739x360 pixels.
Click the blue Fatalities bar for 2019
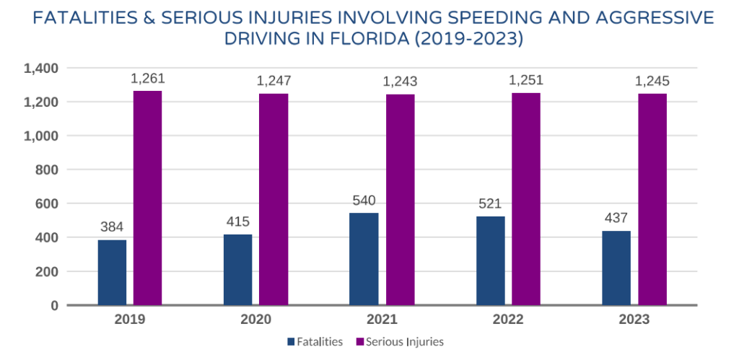tap(112, 273)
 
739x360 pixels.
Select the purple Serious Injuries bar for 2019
tap(147, 198)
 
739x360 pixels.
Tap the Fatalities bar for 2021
tap(364, 259)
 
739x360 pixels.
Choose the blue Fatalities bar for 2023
tap(616, 268)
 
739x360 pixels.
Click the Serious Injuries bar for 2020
tap(274, 199)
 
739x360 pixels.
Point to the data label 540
tap(364, 201)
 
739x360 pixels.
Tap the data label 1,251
tap(526, 81)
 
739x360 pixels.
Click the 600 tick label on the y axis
tap(47, 203)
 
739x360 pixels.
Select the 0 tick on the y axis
tap(53, 305)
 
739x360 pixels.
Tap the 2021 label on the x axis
tap(382, 320)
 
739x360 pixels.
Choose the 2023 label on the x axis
tap(634, 320)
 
